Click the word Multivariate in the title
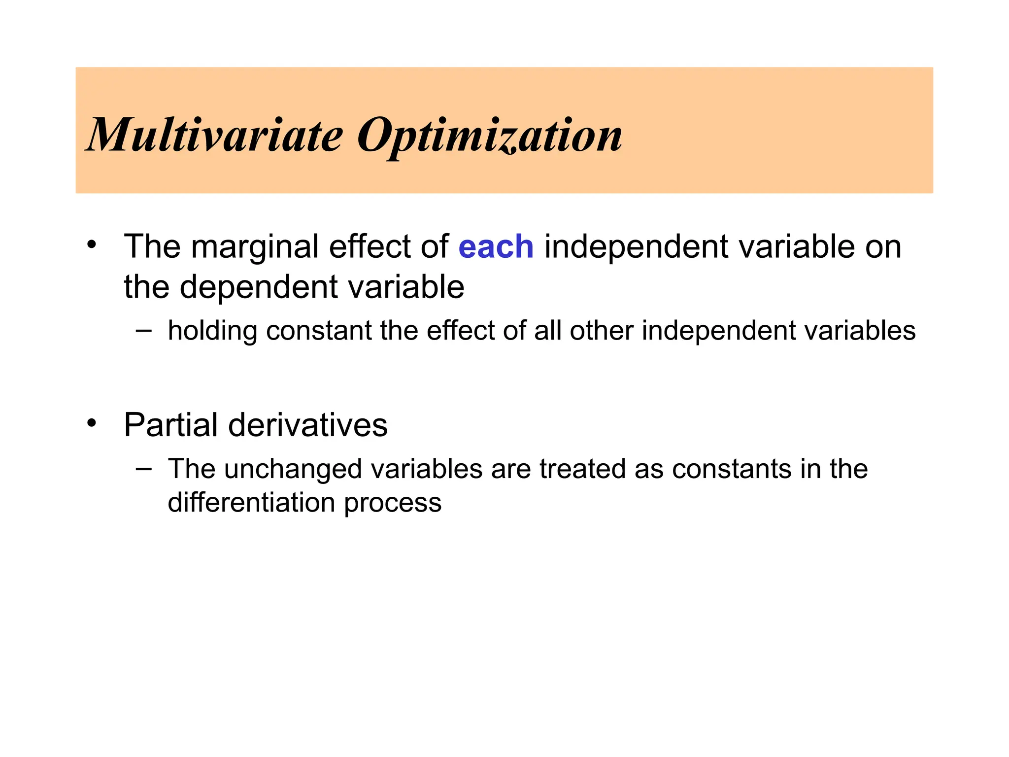215,135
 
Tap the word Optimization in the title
489,136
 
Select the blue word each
496,247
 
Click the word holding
212,331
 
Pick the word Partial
170,425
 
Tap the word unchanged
293,469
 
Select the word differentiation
251,503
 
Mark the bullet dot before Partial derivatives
91,423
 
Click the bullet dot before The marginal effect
91,245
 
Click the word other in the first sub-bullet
602,331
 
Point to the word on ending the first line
883,247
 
